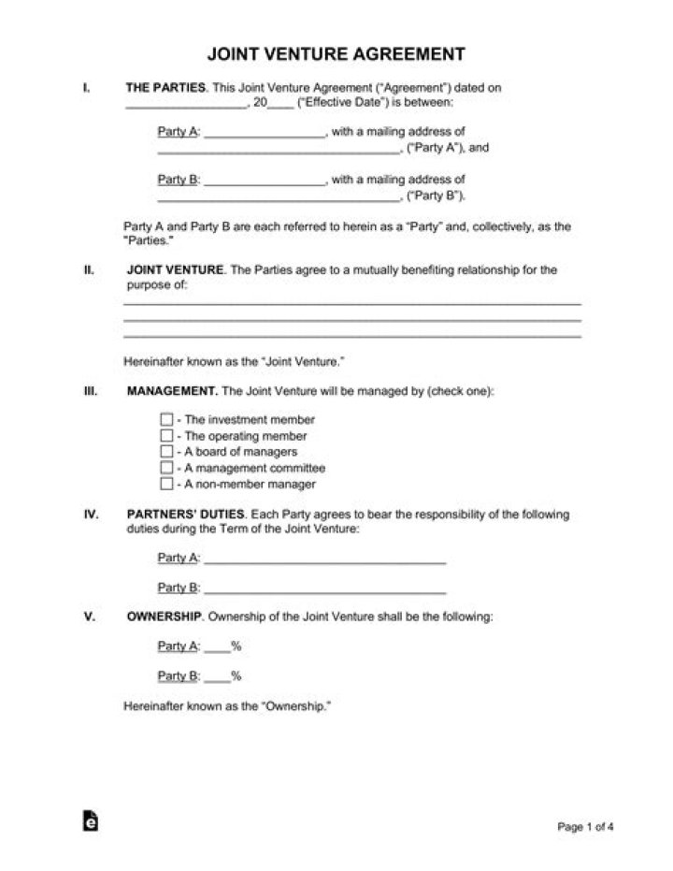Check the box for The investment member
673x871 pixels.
(166, 420)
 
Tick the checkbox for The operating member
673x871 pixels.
(166, 436)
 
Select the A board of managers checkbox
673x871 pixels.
(166, 452)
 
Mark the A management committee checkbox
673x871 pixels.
(166, 468)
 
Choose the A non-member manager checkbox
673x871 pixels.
(166, 484)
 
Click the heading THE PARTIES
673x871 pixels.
(166, 88)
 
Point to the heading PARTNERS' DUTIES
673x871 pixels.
(185, 515)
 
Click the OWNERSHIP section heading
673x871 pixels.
(164, 617)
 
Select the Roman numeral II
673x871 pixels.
(88, 269)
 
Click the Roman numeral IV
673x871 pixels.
(91, 515)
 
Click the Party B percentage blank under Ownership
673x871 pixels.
(217, 676)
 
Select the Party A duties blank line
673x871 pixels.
(324, 559)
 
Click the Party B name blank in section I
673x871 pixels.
(264, 181)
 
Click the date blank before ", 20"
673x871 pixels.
(184, 105)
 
